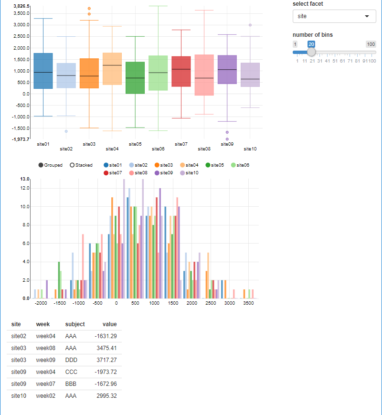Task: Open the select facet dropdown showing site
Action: coord(334,16)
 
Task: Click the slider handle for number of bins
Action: coord(311,52)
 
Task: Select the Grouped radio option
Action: coord(41,165)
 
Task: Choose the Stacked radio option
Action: coord(72,165)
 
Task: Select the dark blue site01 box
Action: coord(43,71)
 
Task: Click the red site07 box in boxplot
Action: coord(181,71)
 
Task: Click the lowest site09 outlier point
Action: coord(227,139)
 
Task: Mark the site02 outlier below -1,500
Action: coord(66,131)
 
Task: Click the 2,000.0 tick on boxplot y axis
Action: coord(22,48)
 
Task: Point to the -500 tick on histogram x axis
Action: coord(97,303)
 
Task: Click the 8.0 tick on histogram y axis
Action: coord(25,225)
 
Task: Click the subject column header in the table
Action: coord(75,324)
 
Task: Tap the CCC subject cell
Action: coord(71,372)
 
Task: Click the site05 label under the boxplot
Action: coord(135,144)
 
